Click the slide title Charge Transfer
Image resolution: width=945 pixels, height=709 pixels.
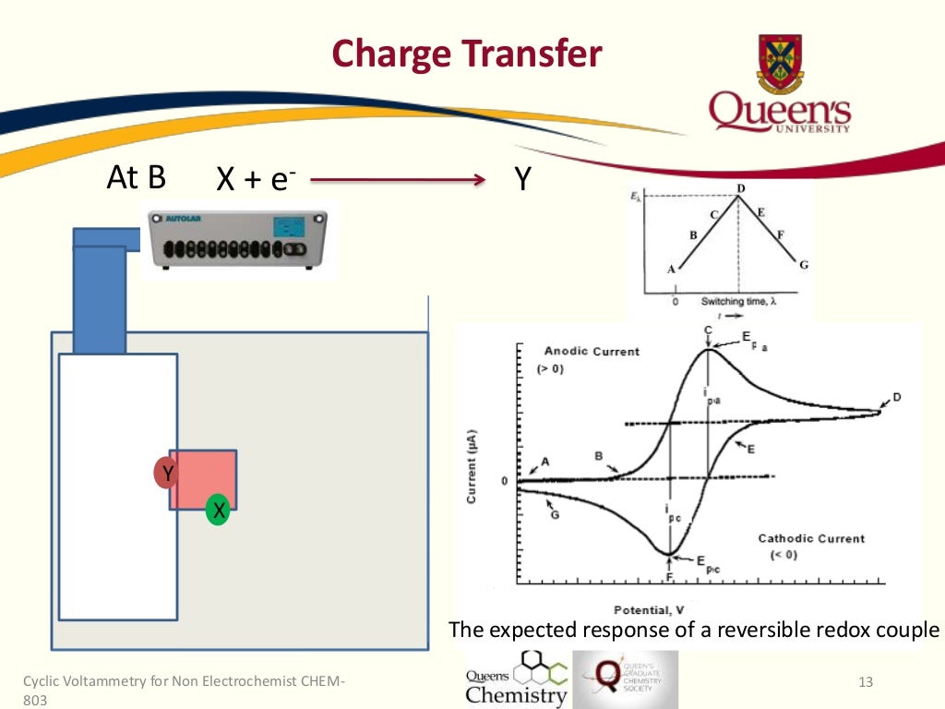[466, 54]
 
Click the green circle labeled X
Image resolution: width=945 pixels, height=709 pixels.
[217, 510]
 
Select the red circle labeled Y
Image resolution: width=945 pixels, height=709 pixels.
[167, 474]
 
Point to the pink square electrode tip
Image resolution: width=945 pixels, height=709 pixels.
[203, 479]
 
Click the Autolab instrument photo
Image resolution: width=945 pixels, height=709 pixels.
[237, 237]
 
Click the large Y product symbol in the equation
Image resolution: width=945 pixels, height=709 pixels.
[522, 178]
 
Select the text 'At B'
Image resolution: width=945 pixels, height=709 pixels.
[137, 176]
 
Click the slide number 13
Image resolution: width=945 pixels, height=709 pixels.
[865, 682]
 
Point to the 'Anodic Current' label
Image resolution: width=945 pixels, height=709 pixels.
[592, 352]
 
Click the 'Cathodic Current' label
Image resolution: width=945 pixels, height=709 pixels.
[811, 538]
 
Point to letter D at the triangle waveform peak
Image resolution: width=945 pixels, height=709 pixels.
[740, 189]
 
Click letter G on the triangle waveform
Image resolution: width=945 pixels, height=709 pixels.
[804, 265]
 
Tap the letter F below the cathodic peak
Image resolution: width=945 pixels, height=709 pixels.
[669, 576]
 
